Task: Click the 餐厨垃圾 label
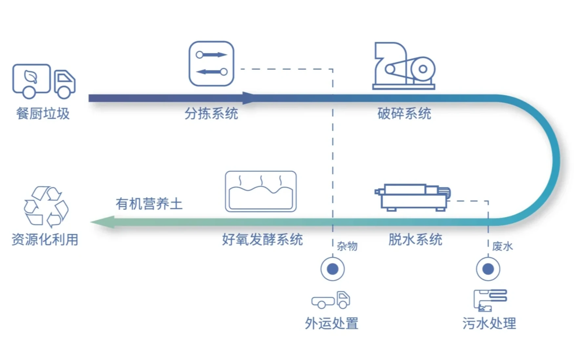click(x=43, y=114)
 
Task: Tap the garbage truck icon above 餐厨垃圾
click(x=44, y=81)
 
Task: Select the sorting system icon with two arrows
click(x=211, y=64)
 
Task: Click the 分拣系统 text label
click(x=211, y=114)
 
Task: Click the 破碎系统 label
click(x=404, y=114)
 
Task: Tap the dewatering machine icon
click(x=413, y=197)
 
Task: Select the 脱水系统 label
click(x=415, y=240)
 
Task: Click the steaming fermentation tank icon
click(x=261, y=191)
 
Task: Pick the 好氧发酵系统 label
click(x=262, y=240)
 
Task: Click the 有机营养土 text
click(x=149, y=204)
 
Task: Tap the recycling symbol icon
click(x=46, y=206)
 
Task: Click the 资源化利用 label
click(x=45, y=240)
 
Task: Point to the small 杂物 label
click(x=347, y=246)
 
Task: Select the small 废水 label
click(x=502, y=246)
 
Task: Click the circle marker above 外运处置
click(x=333, y=269)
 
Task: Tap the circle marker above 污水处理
click(x=488, y=269)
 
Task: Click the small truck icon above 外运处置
click(x=331, y=300)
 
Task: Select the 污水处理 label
click(x=489, y=324)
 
